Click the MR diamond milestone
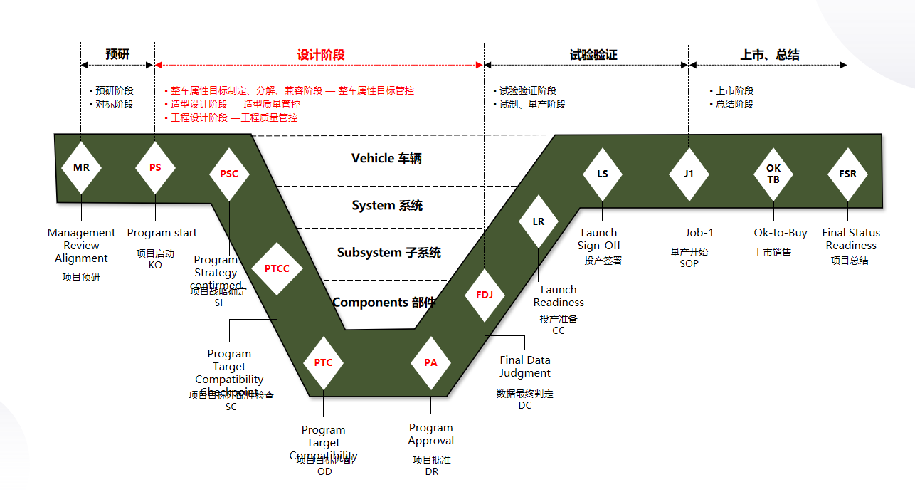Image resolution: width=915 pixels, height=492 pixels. click(x=81, y=168)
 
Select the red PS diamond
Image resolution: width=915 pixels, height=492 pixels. click(x=155, y=168)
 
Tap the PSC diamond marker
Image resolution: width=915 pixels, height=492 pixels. click(x=229, y=174)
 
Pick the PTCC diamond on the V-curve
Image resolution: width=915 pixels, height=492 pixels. click(x=277, y=268)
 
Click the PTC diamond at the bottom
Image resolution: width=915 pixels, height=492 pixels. click(x=323, y=362)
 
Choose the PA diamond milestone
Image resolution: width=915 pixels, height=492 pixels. click(x=430, y=362)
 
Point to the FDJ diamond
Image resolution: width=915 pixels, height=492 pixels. click(x=484, y=295)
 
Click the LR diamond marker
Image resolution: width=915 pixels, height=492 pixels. click(x=539, y=221)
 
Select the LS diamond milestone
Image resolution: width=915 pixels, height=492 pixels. click(x=602, y=174)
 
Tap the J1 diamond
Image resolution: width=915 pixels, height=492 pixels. click(x=689, y=174)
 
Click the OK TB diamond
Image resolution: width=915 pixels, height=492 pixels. click(x=773, y=174)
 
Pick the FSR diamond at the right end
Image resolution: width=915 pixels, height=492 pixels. click(x=847, y=174)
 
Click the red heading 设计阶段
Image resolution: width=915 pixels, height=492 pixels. click(x=321, y=55)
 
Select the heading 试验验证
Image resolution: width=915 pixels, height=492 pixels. click(x=593, y=55)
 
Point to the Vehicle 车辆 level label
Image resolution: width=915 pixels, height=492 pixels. click(x=386, y=158)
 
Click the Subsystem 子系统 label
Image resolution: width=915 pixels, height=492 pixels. click(x=388, y=253)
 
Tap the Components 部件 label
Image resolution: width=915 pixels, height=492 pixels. click(x=384, y=302)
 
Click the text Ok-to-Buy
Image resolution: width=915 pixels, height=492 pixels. click(x=781, y=233)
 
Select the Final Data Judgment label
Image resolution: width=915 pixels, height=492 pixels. click(x=525, y=367)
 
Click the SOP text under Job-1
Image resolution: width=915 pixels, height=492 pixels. click(x=689, y=263)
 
